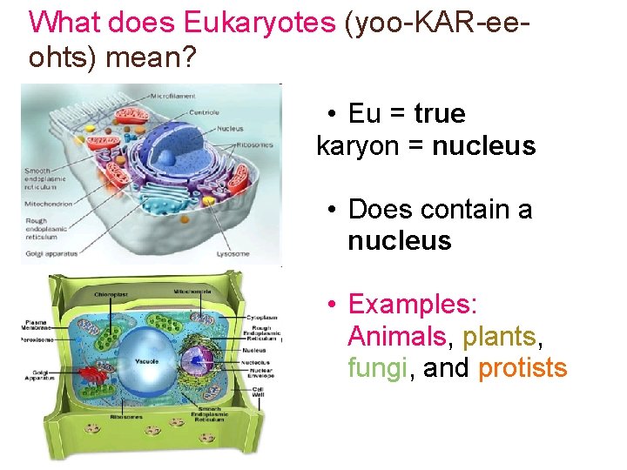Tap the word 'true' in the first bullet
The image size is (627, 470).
(440, 114)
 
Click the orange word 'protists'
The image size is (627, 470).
(522, 368)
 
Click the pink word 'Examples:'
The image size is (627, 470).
(412, 305)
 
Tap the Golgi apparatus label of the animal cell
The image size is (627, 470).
(51, 253)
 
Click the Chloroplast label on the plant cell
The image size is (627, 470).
(111, 294)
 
